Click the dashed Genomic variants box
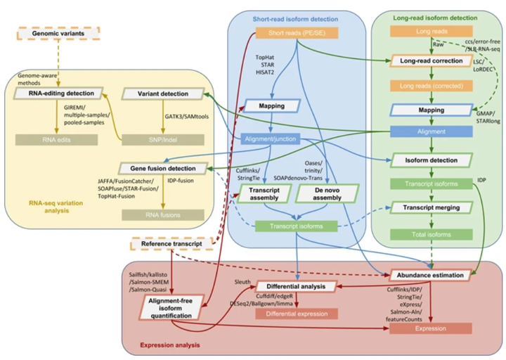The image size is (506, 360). coord(50,33)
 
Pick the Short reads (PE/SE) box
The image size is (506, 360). coord(297,32)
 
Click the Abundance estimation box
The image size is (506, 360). coord(431,276)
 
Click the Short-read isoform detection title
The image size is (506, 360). coord(297,16)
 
